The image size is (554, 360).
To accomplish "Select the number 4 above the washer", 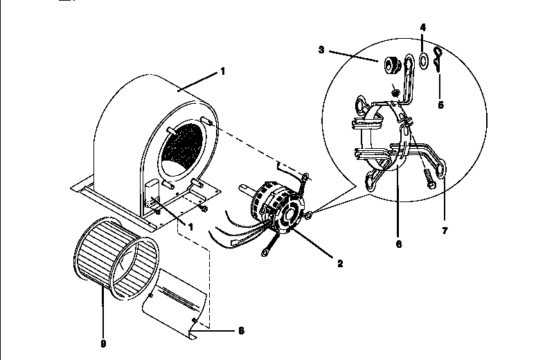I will (423, 27).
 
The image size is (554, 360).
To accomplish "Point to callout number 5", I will (440, 105).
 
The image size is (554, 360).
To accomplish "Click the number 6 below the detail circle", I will (398, 244).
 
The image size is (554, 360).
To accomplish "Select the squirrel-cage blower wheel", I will (115, 257).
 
